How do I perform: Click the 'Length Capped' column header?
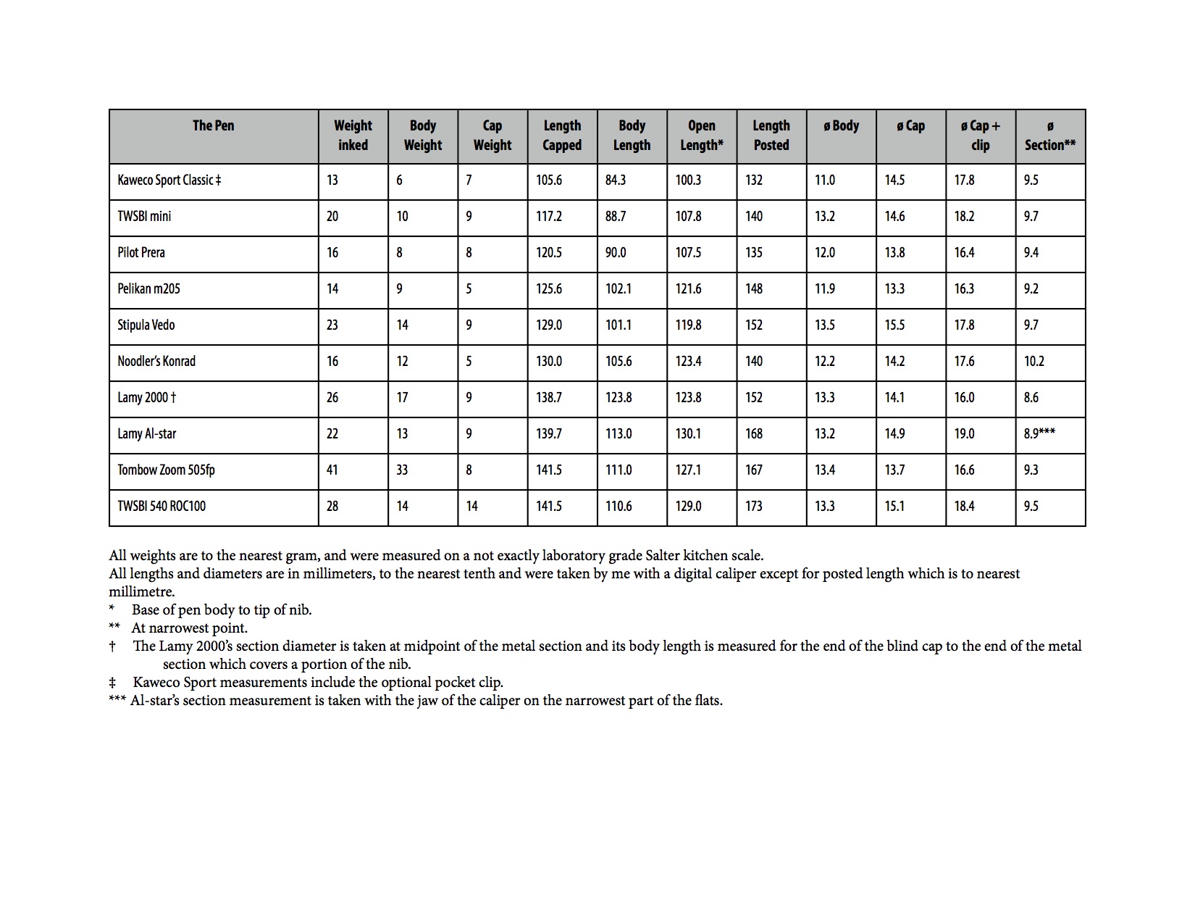point(562,136)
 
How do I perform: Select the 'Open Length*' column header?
point(701,136)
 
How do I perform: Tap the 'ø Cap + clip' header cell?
point(980,136)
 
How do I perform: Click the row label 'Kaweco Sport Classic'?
point(169,180)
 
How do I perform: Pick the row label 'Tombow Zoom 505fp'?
point(166,470)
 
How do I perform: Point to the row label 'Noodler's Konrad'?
point(156,361)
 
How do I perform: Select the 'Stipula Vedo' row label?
point(146,325)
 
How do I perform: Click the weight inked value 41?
point(332,470)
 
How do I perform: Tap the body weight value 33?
point(402,470)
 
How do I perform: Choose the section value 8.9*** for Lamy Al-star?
point(1039,433)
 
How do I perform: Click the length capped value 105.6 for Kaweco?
point(549,180)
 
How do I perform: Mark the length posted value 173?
point(754,506)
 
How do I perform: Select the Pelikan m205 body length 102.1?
point(619,288)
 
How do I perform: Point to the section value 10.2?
point(1033,361)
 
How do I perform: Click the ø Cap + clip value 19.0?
point(964,433)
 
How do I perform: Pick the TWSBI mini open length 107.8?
point(688,216)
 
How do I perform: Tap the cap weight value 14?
point(472,506)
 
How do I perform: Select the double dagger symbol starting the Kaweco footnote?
point(112,683)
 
